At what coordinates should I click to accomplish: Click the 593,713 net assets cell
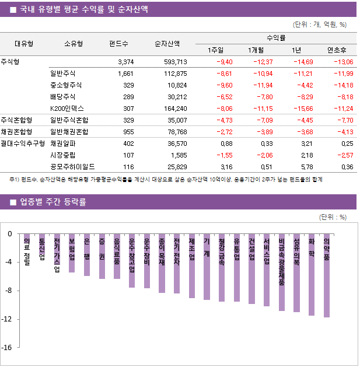click(171, 62)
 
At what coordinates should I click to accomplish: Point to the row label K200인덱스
click(67, 108)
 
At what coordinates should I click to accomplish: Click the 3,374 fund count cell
click(125, 62)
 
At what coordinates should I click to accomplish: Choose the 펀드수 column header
click(118, 44)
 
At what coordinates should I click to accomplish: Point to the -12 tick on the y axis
click(9, 319)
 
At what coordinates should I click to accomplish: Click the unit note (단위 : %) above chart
click(333, 217)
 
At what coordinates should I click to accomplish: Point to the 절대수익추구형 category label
click(23, 143)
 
